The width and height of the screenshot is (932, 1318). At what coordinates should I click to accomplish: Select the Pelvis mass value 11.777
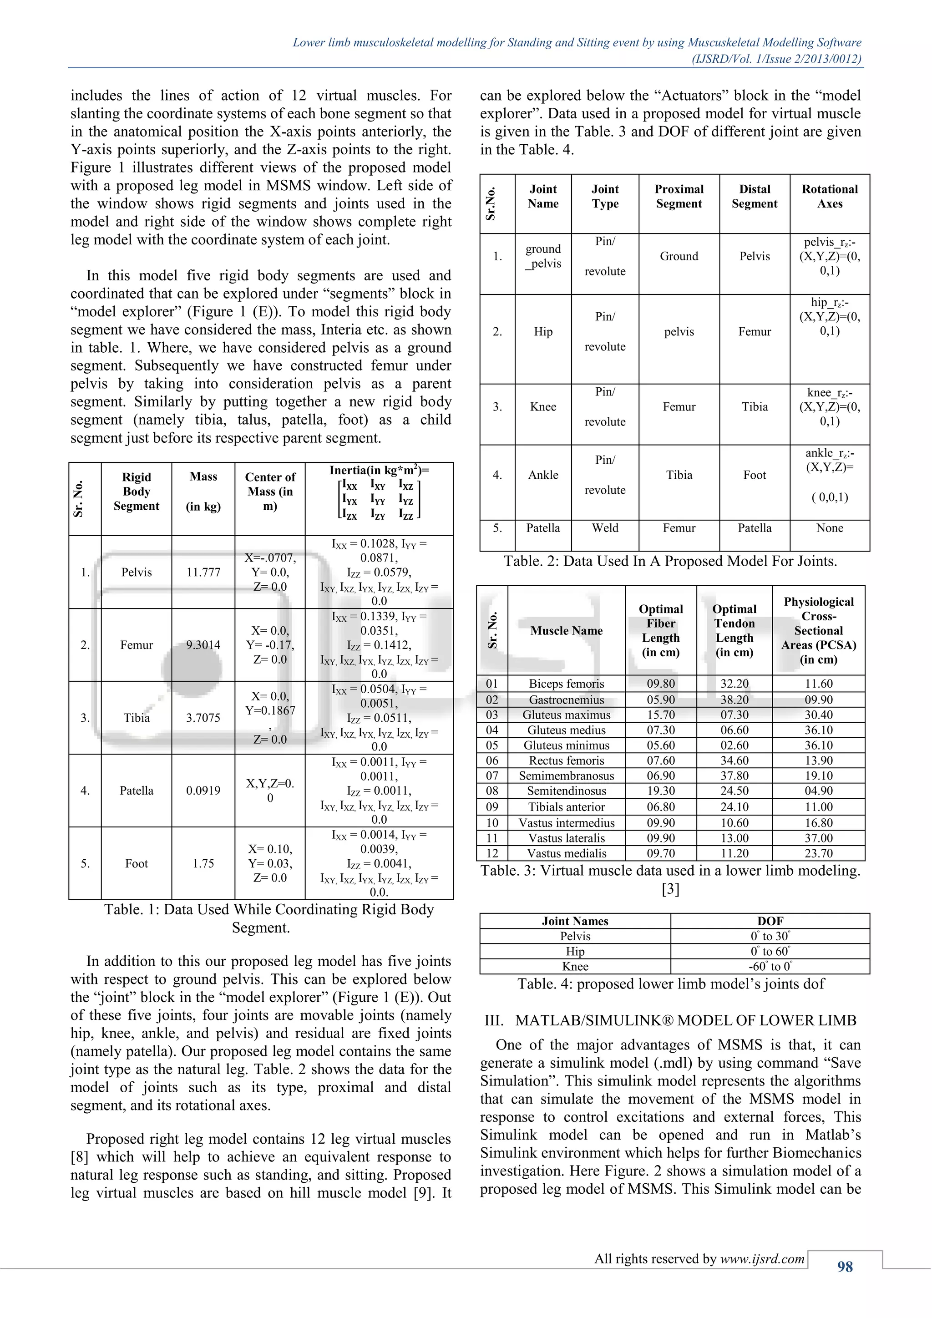pos(203,573)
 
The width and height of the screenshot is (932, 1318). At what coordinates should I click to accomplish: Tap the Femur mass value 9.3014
pos(203,644)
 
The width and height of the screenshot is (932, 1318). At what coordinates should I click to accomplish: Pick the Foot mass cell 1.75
pos(203,863)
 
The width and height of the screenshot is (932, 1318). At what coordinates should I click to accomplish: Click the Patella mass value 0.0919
pos(203,791)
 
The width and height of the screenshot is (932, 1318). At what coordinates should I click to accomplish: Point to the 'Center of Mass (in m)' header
pos(270,492)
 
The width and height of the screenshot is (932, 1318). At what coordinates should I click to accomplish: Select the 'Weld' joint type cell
pos(605,528)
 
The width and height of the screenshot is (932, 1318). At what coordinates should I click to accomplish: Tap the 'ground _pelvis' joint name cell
pos(543,256)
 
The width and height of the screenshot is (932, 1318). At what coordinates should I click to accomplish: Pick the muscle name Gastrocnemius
pos(567,700)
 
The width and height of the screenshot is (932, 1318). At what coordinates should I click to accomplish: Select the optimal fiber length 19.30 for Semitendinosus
pos(661,791)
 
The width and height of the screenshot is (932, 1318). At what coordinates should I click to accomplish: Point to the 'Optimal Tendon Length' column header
pos(734,630)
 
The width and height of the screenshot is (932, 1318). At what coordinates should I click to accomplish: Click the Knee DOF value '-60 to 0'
pos(770,967)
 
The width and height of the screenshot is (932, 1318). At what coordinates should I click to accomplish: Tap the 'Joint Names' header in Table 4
pos(575,921)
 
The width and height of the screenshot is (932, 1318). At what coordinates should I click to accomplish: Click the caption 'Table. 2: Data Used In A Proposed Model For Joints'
pos(670,562)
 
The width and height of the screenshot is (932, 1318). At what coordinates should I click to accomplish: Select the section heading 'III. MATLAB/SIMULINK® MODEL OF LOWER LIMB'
pos(670,1021)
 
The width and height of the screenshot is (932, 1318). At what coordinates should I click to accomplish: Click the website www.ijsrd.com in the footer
pos(762,1259)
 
